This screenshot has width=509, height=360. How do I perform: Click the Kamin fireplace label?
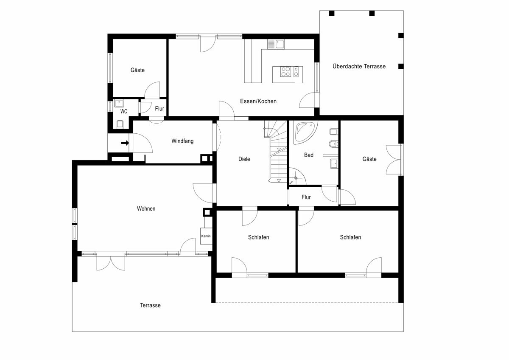tap(206, 236)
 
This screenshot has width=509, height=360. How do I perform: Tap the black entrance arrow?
tap(125, 143)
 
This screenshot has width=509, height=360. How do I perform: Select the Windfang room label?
tap(182, 141)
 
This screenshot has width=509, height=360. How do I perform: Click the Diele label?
tap(244, 159)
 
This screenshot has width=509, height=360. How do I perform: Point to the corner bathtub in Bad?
tap(304, 133)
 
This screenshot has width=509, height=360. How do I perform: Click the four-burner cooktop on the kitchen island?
tap(285, 71)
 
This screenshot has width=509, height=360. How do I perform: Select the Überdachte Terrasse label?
tap(359, 66)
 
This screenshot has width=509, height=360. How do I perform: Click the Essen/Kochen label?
tap(258, 101)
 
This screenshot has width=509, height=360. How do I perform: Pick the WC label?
tap(123, 111)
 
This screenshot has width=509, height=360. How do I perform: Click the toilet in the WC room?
tap(120, 124)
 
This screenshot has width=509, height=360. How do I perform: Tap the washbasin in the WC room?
tap(119, 104)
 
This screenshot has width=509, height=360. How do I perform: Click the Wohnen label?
tap(146, 208)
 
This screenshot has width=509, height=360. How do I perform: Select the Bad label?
tap(309, 155)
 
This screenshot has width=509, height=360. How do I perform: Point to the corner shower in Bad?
tap(297, 177)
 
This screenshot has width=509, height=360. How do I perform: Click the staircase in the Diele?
tap(276, 151)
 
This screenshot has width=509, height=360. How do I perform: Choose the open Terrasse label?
tap(150, 305)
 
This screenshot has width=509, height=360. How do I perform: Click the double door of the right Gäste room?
tap(394, 160)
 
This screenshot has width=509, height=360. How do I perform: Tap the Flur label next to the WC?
tap(159, 109)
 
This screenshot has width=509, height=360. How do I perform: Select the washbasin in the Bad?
tap(334, 163)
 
